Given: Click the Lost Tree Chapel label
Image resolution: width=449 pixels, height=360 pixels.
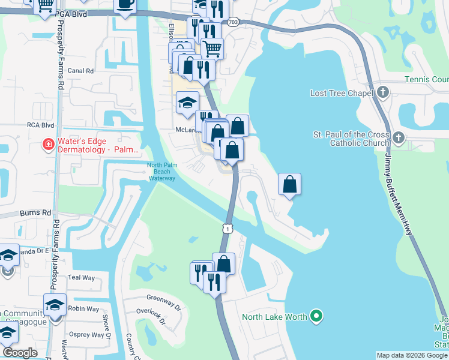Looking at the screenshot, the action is click(342, 93).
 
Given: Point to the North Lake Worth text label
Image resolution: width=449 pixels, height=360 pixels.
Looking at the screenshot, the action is click(275, 317).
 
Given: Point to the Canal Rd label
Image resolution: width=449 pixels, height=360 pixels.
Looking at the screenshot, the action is click(81, 71).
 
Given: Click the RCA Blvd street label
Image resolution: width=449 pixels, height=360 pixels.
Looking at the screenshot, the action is click(40, 125).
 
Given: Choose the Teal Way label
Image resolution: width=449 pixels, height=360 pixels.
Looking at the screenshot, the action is click(82, 278).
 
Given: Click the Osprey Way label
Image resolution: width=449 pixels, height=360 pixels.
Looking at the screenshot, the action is click(83, 335).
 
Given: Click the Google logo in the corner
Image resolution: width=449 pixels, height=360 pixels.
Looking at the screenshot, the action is click(20, 353).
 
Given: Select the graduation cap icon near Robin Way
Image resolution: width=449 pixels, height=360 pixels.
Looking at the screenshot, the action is click(55, 305).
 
